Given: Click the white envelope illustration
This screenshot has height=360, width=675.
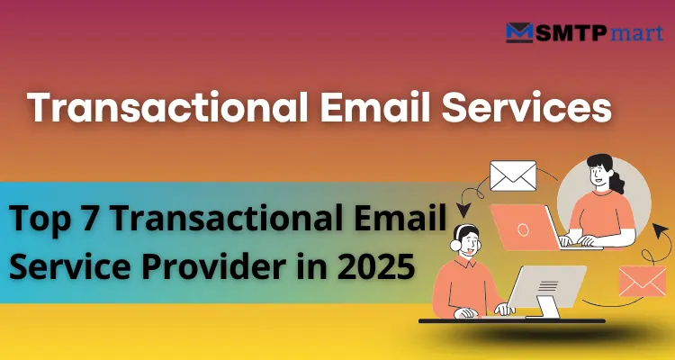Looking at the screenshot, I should point(512,175).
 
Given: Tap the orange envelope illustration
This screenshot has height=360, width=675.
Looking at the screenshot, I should point(643,280).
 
